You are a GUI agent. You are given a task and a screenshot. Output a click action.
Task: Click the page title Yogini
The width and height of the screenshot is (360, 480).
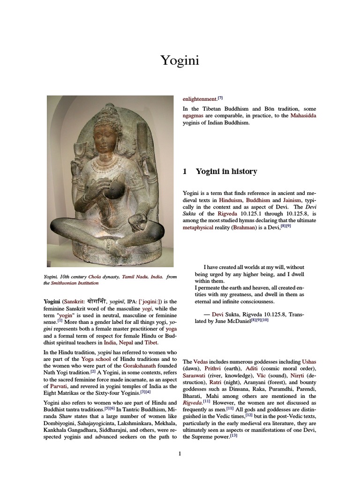180,60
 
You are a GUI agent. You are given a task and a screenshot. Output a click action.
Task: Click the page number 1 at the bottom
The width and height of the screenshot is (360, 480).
180,453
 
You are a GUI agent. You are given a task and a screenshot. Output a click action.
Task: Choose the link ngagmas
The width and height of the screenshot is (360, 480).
195,116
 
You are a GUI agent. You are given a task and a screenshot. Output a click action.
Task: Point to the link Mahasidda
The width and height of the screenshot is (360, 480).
303,116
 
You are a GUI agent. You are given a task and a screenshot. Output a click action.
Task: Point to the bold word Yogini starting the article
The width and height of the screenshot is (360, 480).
52,301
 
